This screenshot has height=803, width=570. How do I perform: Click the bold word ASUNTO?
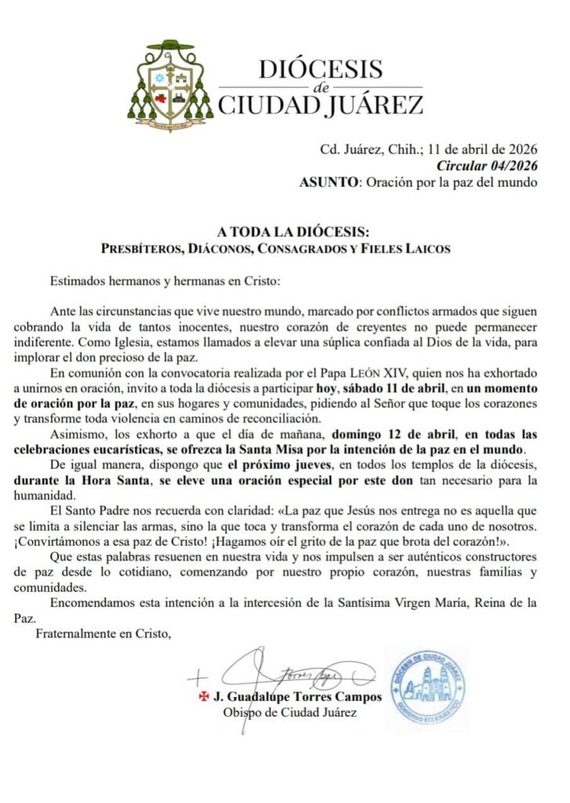[x=329, y=183]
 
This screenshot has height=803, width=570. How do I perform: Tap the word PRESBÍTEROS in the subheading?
[x=143, y=249]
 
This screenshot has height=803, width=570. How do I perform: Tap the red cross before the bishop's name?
[x=204, y=696]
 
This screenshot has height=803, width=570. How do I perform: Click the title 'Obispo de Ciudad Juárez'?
[x=290, y=712]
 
